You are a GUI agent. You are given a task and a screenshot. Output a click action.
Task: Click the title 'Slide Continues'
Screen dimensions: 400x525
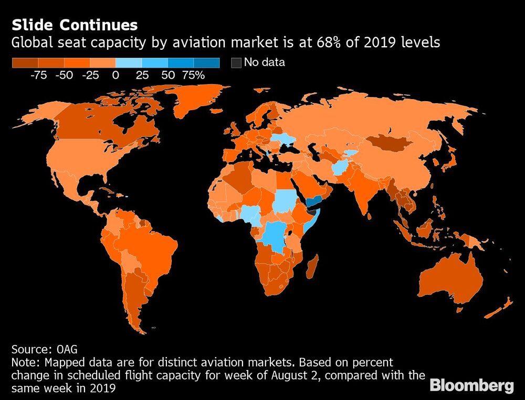(x=75, y=25)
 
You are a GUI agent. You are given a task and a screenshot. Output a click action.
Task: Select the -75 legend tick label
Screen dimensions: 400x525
(x=38, y=75)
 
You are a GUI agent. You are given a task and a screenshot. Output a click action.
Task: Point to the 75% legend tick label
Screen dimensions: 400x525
(x=193, y=75)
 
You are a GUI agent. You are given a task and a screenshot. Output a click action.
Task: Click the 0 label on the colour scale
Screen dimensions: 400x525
(x=115, y=75)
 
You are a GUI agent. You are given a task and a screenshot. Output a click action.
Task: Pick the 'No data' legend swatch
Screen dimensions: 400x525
(x=236, y=63)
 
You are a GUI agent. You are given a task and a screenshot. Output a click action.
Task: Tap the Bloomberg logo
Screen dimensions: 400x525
(x=471, y=386)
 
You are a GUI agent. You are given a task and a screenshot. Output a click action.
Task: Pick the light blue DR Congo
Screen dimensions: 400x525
(x=275, y=236)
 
